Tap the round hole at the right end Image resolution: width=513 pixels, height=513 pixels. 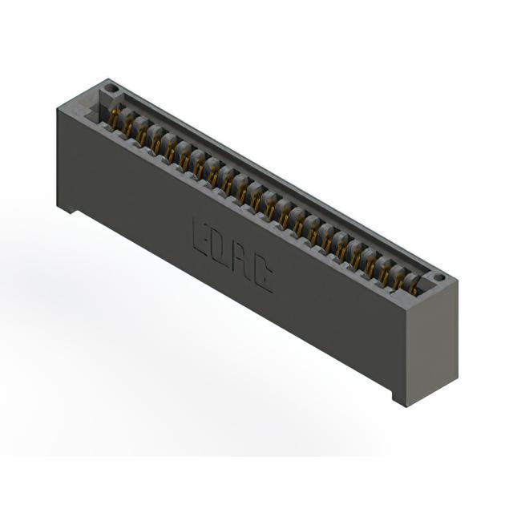pyautogui.click(x=439, y=278)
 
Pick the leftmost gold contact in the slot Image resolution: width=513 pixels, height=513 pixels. pyautogui.click(x=113, y=116)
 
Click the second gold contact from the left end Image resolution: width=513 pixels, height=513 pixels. pyautogui.click(x=127, y=126)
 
